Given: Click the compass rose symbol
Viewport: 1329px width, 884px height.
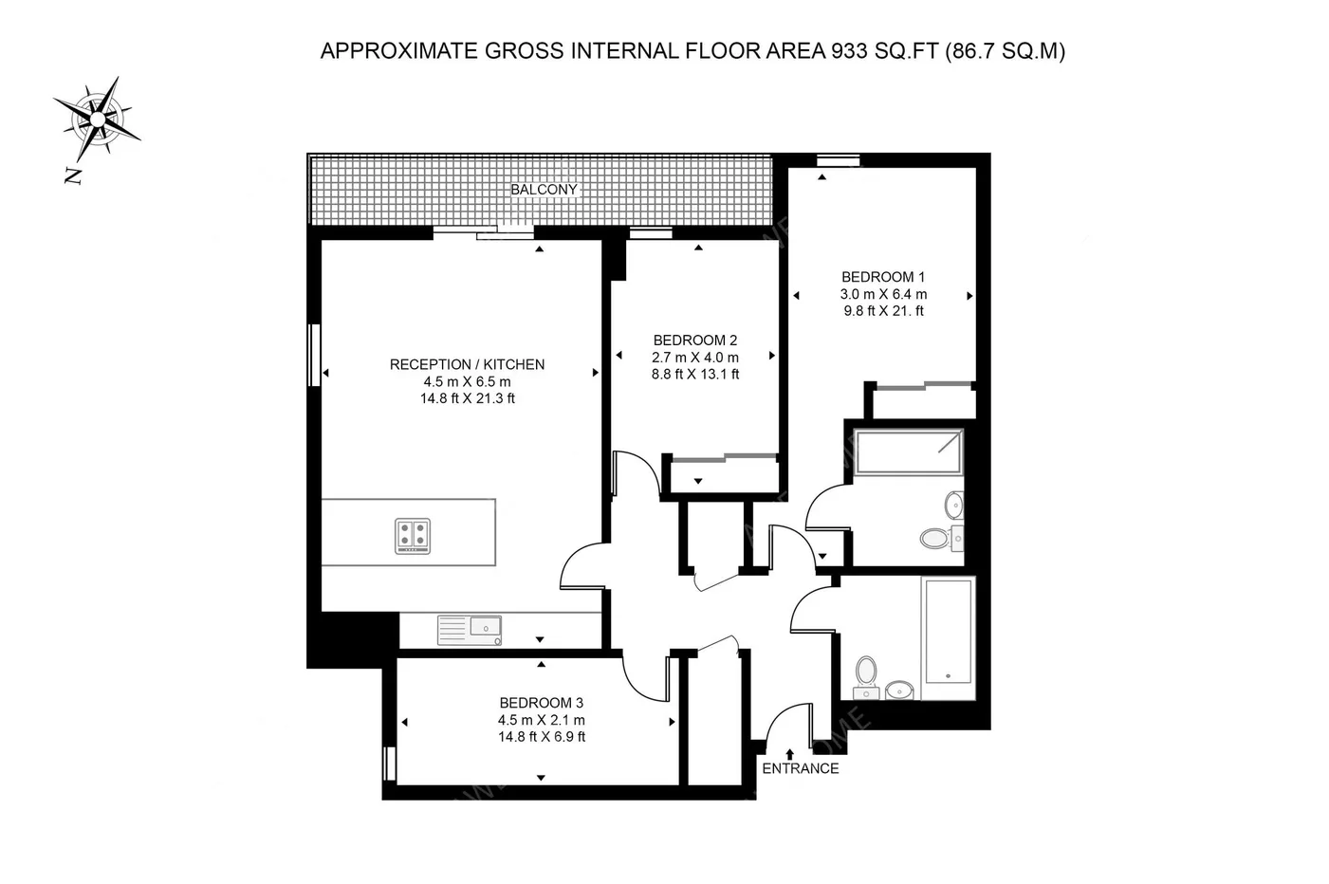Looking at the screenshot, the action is (x=98, y=120).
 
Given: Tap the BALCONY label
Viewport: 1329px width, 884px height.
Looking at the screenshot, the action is (x=544, y=190).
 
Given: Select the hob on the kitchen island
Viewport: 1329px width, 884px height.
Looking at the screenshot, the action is (x=413, y=536).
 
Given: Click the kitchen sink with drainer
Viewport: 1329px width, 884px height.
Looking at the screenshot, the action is (x=470, y=630).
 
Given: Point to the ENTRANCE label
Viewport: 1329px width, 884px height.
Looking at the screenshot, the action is (x=801, y=768).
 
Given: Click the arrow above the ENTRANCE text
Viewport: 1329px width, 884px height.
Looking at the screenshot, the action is (x=789, y=755).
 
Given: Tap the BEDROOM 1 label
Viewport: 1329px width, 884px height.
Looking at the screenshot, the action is (x=883, y=276).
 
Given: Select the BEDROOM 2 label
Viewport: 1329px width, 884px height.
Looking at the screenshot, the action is (x=694, y=340).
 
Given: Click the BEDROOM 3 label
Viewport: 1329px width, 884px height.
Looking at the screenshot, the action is (x=541, y=703).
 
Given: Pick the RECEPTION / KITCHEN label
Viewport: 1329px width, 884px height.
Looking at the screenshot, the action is (x=467, y=364).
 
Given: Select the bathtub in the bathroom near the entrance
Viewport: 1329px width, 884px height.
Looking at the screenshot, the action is (x=948, y=637).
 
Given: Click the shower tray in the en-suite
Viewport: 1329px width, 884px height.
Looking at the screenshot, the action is (x=908, y=452).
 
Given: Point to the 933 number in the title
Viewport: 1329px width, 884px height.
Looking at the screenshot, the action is (x=850, y=51).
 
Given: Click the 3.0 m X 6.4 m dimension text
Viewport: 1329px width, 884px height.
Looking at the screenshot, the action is (x=883, y=294).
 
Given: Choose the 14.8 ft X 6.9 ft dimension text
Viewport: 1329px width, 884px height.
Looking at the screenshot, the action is (x=542, y=737).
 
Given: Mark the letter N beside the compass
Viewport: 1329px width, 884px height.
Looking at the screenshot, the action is (x=73, y=176).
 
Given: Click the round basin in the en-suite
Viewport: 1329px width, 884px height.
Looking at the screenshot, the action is (x=954, y=505).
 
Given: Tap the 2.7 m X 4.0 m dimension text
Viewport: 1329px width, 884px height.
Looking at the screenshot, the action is (x=694, y=358).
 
